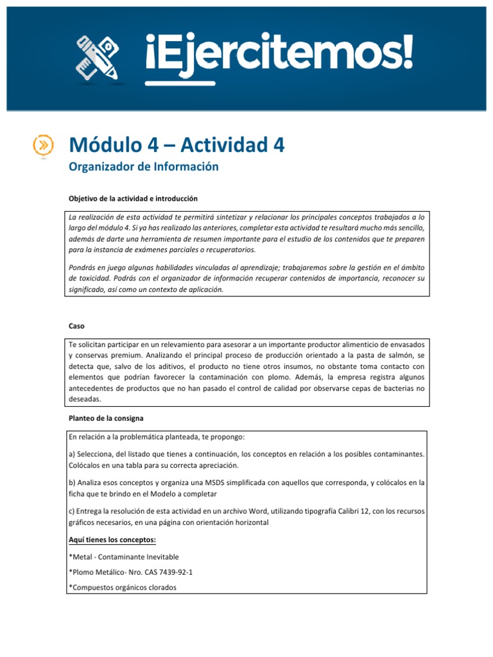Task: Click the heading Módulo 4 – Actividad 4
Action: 177,145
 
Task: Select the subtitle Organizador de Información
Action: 144,167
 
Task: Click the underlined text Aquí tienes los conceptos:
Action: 108,540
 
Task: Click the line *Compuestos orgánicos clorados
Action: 121,586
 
